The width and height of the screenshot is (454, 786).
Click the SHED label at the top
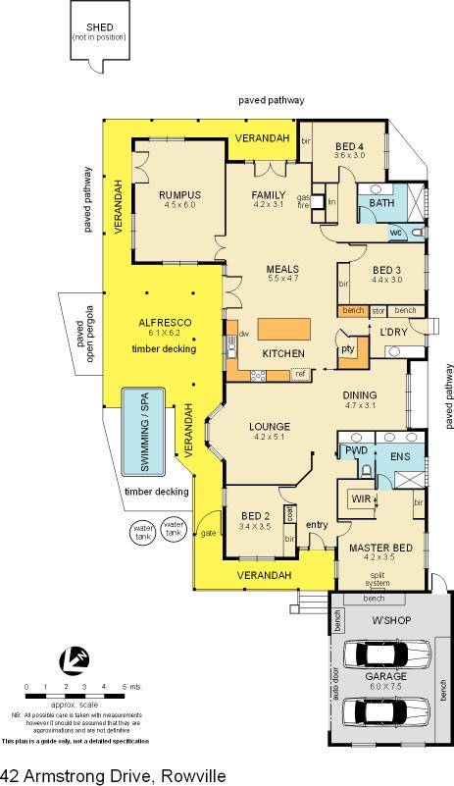pyautogui.click(x=98, y=26)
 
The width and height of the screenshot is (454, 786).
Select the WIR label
pyautogui.click(x=360, y=500)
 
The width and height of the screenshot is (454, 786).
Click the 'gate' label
pyautogui.click(x=208, y=534)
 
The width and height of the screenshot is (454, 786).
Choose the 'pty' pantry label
pyautogui.click(x=346, y=348)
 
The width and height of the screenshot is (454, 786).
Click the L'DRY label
pyautogui.click(x=394, y=332)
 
